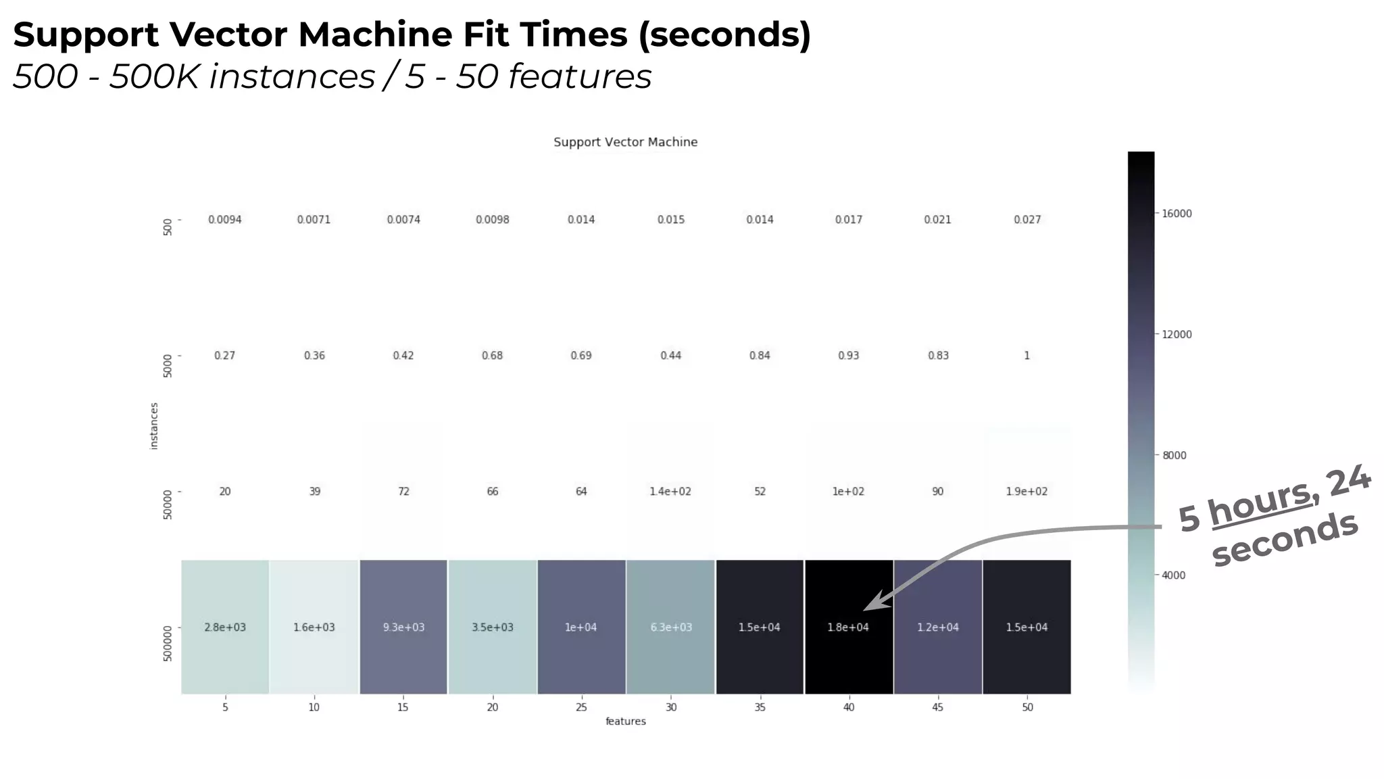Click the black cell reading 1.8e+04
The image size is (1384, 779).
(848, 627)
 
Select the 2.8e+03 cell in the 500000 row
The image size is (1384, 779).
(225, 627)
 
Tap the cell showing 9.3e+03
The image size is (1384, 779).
(403, 627)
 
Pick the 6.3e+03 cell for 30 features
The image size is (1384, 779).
(670, 627)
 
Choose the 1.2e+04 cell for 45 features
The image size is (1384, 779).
(937, 627)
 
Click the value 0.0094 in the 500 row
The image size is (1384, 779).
(225, 220)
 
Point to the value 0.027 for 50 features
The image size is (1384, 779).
(1027, 220)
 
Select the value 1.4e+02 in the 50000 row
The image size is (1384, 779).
(670, 492)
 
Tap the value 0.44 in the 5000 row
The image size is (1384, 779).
(670, 356)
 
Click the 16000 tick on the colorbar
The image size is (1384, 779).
(1177, 214)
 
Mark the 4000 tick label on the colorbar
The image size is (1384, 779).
(1174, 575)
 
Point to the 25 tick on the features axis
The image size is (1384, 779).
(581, 707)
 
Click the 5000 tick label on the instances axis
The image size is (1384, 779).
(168, 366)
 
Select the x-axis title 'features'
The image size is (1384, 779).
(625, 722)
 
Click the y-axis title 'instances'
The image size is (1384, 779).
(154, 426)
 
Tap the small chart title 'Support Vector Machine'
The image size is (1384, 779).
(625, 142)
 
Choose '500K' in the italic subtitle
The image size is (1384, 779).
(155, 76)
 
